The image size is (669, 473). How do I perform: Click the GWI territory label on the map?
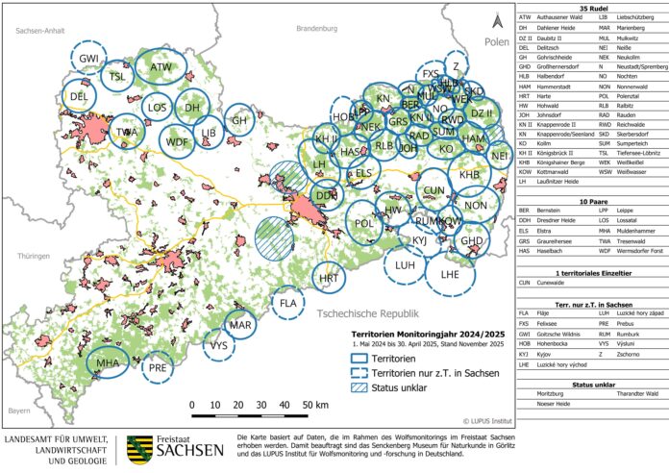[90, 58]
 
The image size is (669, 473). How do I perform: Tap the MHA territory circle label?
[108, 363]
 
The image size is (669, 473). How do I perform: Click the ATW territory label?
[161, 67]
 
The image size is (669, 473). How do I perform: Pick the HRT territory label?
[330, 278]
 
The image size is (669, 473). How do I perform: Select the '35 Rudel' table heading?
[590, 6]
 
